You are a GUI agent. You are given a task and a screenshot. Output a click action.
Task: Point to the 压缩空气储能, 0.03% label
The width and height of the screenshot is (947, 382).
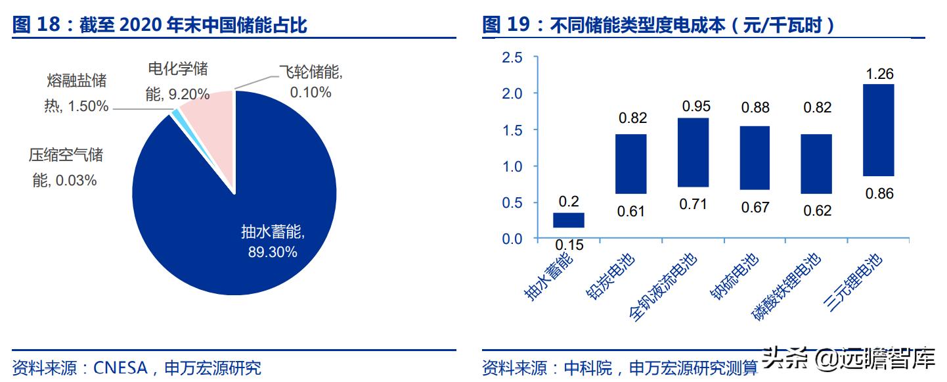pos(65,167)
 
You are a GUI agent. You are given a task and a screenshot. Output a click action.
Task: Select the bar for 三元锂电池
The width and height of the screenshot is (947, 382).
pos(879,130)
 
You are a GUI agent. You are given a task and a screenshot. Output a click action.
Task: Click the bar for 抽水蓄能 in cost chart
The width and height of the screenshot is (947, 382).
pos(569,220)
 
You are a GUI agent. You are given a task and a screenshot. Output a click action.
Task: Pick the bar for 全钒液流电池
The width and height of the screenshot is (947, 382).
pos(693,153)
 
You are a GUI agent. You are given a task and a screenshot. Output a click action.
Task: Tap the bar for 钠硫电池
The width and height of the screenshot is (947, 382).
pos(755,158)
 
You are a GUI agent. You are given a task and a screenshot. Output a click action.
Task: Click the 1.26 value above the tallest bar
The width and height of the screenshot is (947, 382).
pos(879,74)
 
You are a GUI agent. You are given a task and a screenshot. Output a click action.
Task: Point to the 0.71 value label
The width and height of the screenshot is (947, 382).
pos(694,204)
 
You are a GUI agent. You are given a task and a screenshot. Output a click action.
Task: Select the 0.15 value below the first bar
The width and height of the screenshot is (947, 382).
pos(569,245)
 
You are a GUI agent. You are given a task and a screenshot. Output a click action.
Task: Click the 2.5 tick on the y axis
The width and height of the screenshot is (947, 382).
pos(512,58)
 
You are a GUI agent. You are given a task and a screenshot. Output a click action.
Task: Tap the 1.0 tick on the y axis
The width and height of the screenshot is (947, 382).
pos(512,166)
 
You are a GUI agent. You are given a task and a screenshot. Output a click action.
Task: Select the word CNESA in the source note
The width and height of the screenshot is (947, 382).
pos(120,368)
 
